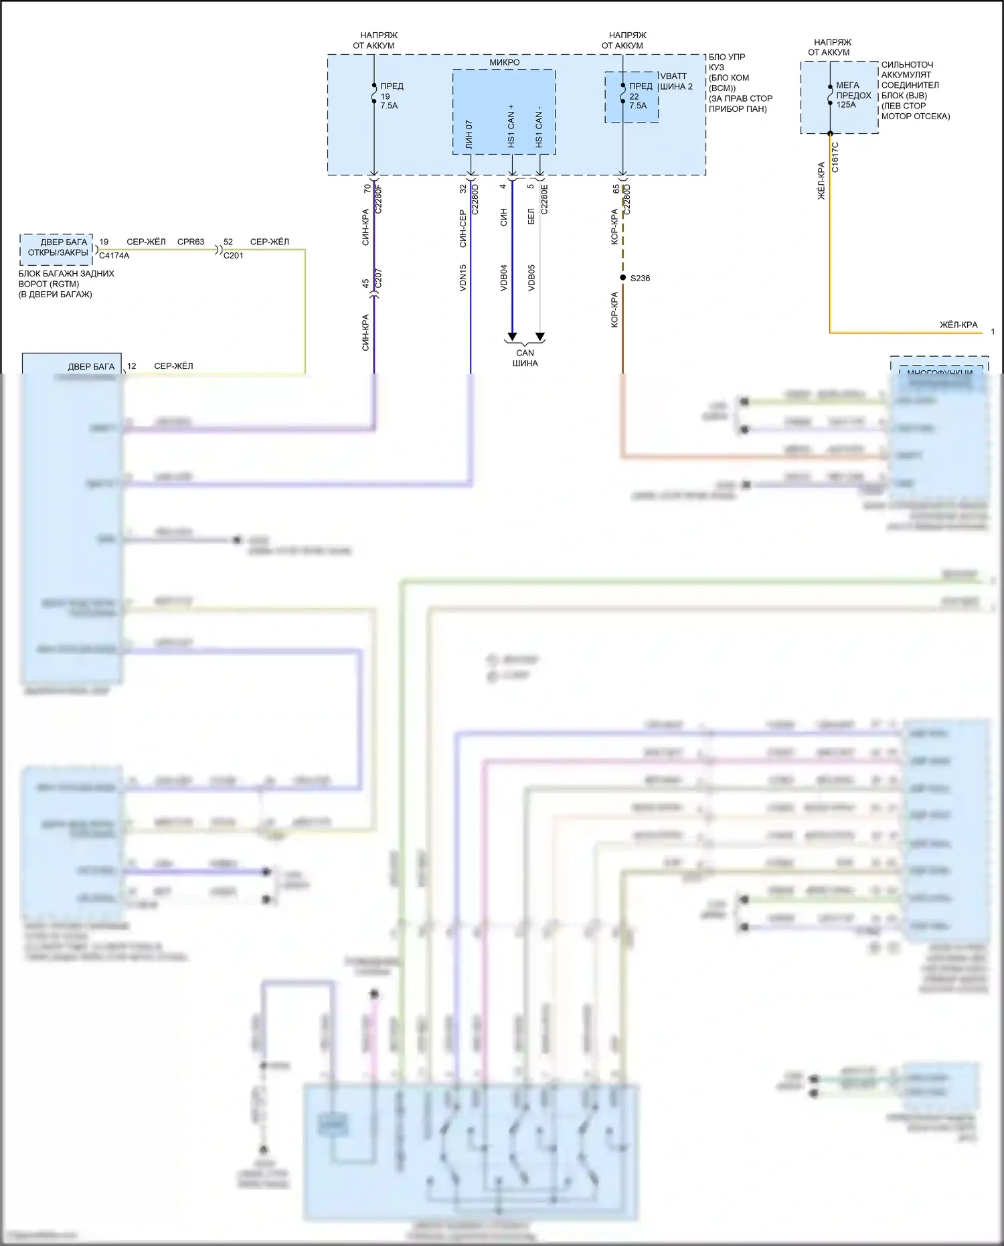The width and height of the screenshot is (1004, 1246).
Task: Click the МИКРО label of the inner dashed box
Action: (x=504, y=62)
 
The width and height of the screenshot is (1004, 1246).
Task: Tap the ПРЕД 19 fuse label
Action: (x=391, y=96)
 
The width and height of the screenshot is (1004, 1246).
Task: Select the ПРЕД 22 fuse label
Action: (x=640, y=96)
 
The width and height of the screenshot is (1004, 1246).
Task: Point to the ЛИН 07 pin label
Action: (x=469, y=134)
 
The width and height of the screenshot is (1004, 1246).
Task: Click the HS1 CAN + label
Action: (x=511, y=126)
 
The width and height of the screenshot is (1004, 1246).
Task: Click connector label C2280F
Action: (x=378, y=199)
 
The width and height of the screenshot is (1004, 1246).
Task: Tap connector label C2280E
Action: (x=544, y=199)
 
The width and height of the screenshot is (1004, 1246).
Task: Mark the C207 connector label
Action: (x=378, y=279)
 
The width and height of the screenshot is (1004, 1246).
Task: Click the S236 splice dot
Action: (x=623, y=278)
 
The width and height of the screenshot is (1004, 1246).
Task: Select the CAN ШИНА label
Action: (x=525, y=358)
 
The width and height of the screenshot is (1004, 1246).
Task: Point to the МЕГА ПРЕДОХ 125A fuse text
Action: (x=853, y=95)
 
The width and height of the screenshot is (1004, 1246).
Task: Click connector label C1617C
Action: (x=835, y=157)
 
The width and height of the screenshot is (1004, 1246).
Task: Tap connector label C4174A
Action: (x=114, y=256)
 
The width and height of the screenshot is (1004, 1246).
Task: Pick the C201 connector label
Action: (x=233, y=256)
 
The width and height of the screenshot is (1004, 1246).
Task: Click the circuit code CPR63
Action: (x=191, y=242)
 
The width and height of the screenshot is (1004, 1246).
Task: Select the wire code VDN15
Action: (x=463, y=277)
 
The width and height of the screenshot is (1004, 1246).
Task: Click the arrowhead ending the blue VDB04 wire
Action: (x=512, y=337)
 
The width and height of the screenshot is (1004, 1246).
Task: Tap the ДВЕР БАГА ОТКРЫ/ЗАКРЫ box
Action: (x=58, y=248)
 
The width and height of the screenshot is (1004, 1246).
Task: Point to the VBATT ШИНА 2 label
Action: (x=676, y=81)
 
